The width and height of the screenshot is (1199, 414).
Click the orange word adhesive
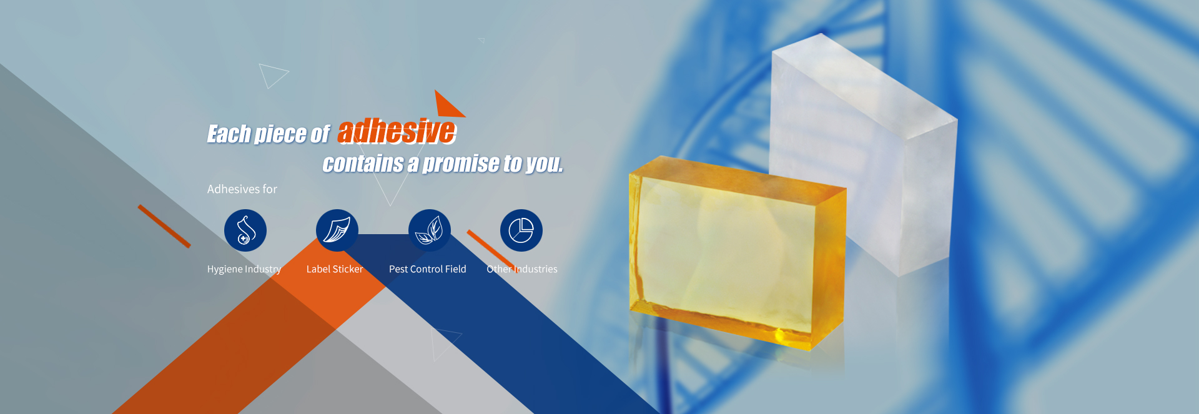(x=397, y=132)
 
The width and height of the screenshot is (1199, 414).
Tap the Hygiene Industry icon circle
(x=245, y=230)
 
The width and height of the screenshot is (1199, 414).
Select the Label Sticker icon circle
(x=337, y=230)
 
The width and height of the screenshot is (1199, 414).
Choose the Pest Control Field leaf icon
(x=430, y=230)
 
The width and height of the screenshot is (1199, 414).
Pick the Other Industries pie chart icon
(x=521, y=230)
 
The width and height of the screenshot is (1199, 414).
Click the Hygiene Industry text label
(x=244, y=269)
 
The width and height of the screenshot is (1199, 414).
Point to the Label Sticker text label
(x=335, y=269)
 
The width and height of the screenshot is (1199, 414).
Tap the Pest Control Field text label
(x=428, y=269)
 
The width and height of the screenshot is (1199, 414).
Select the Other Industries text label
(x=522, y=269)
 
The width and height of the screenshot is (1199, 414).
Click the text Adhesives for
(x=242, y=189)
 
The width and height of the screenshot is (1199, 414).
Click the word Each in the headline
(x=229, y=134)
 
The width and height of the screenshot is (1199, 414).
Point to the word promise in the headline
(x=461, y=164)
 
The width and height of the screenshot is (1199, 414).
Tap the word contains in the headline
(x=363, y=164)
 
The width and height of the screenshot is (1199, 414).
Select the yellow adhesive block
(x=737, y=250)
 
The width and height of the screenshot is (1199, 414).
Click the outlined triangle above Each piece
(x=272, y=75)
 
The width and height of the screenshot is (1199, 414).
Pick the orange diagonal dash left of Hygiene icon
(x=164, y=226)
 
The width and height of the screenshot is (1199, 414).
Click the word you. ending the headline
(x=545, y=164)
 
